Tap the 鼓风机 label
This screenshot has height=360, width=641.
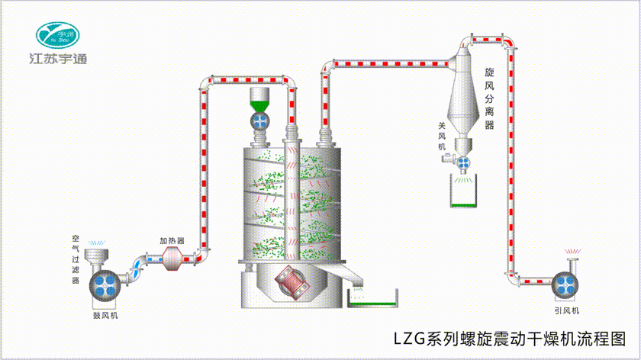pos(105,313)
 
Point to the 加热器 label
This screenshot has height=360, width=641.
pos(172,240)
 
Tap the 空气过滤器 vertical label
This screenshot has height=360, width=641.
pos(76,259)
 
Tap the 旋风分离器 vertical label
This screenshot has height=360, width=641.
pos(490,98)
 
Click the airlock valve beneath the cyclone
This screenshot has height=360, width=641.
pos(462,159)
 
